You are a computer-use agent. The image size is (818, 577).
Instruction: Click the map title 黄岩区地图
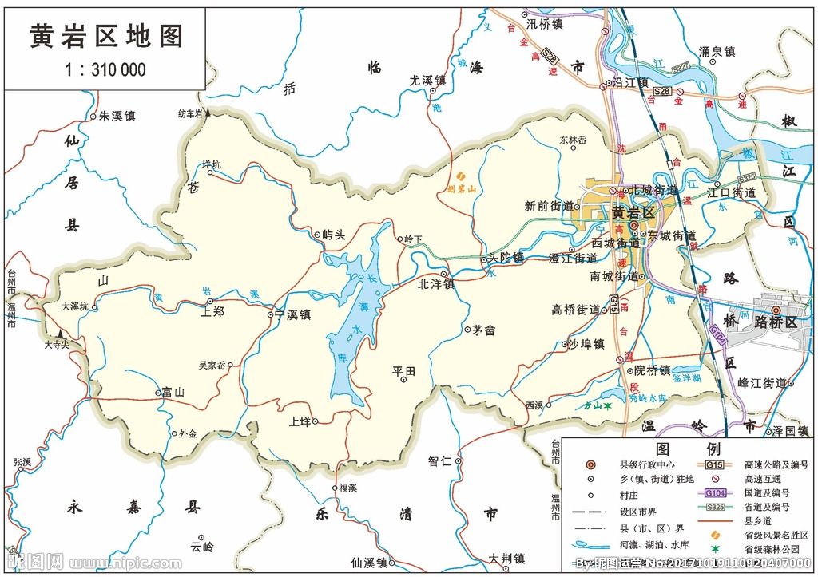coord(106,36)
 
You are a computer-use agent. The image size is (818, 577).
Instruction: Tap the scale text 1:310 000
coord(105,69)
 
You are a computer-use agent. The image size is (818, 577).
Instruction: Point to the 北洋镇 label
coord(436,283)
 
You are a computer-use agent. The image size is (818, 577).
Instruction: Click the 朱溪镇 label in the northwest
coord(117,116)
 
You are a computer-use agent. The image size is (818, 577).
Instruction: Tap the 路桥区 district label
coord(776,322)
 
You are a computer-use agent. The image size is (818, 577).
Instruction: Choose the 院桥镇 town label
coord(653,370)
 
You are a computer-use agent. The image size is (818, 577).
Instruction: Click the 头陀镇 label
coord(506,258)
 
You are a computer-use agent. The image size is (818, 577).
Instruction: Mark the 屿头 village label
coord(333,235)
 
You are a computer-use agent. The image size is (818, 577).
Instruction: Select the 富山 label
coord(173,392)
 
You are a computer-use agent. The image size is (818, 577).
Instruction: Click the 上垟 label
coord(300,421)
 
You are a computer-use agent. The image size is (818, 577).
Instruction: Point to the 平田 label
coord(404,371)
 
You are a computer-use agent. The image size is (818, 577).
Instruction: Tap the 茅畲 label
coord(484,329)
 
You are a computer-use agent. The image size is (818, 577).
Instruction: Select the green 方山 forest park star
coord(608,406)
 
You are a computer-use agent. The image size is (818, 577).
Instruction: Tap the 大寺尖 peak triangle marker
coord(58,334)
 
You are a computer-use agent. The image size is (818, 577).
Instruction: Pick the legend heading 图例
coord(688,449)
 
